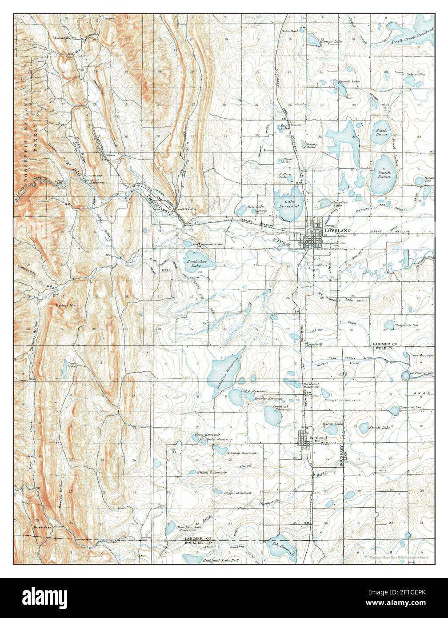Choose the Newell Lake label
coord(380,427)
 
